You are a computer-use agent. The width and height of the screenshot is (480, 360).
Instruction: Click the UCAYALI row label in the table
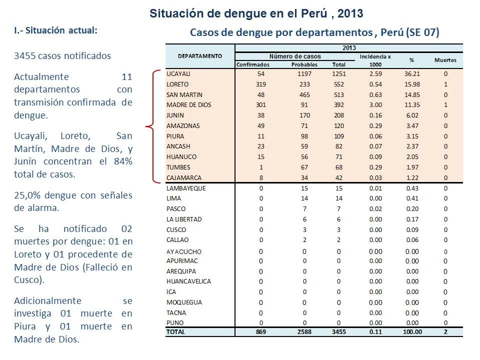pos(178,74)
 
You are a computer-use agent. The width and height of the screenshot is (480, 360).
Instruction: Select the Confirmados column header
pos(253,64)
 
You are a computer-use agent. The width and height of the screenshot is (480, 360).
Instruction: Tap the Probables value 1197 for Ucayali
pos(304,74)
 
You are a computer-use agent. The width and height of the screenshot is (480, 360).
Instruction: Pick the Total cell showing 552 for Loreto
pos(339,84)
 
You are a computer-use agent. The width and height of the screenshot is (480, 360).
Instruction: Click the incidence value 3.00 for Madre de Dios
pos(375,104)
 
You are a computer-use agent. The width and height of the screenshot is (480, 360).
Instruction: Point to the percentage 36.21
pos(412,74)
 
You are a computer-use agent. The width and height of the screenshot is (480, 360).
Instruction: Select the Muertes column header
pos(445,60)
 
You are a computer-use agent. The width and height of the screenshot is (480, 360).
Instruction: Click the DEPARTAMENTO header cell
pos(200,56)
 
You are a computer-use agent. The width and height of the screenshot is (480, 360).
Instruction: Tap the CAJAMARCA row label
pos(184,178)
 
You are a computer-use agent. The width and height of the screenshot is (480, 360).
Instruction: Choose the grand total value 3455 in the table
pos(339,332)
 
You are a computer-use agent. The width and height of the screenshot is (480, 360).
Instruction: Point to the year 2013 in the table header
pos(349,48)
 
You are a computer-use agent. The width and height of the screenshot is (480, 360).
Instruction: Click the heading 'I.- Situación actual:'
pos(55,30)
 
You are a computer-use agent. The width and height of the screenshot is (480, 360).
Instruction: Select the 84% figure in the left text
pos(123,161)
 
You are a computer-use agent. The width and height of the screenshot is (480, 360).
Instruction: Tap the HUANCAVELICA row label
pos(188,281)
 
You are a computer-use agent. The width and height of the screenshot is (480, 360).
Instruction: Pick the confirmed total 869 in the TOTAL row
pos(261,332)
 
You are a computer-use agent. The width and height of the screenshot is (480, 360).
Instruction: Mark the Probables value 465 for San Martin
pos(304,95)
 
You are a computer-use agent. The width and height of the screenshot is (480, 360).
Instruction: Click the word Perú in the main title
pos(314,13)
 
